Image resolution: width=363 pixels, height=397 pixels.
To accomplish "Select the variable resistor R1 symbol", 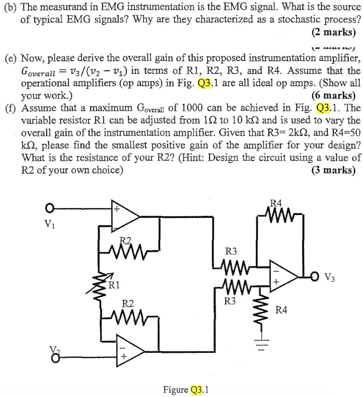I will pos(102,287).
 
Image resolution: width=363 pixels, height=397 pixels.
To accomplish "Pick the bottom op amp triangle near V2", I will pos(130,350).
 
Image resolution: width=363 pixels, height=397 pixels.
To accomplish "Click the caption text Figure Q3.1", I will pos(186,389).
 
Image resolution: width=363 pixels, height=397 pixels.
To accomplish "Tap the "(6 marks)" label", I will pos(333,95).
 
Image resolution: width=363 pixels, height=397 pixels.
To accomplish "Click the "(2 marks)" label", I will pos(333,32).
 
